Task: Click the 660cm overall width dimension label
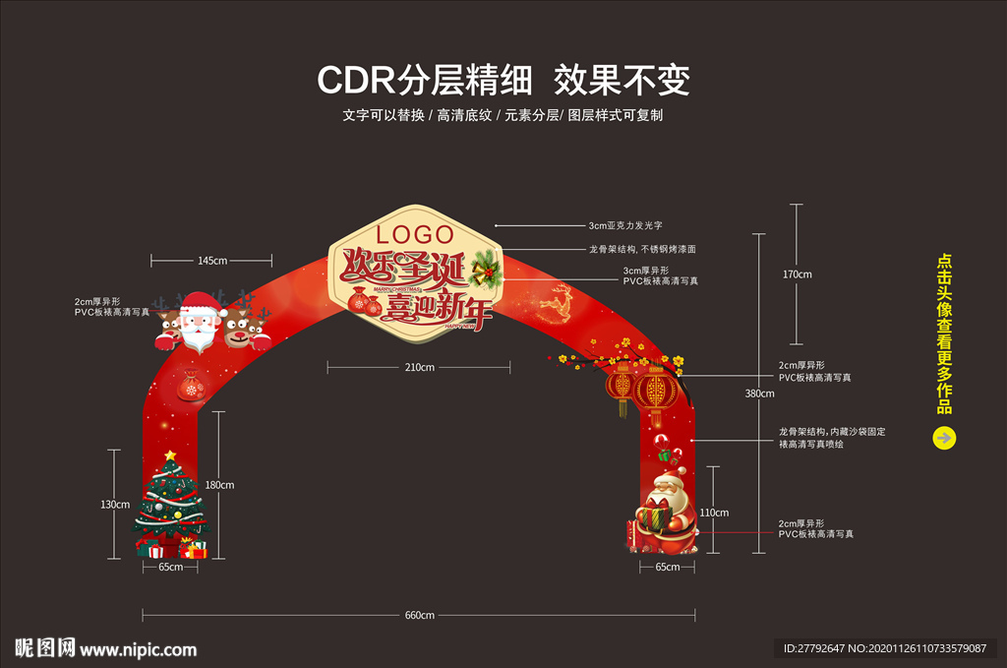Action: (x=419, y=615)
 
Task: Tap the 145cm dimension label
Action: (x=212, y=261)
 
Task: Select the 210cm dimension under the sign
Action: (x=419, y=367)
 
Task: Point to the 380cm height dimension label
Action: (x=759, y=394)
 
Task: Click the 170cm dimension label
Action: (x=797, y=274)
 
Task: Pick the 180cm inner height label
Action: (x=219, y=485)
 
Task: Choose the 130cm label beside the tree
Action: (x=115, y=505)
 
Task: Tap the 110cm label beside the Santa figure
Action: (x=714, y=513)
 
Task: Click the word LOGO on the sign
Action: (x=416, y=234)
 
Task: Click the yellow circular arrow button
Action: (x=943, y=438)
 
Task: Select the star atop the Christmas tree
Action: (x=171, y=455)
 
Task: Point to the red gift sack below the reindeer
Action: (x=190, y=387)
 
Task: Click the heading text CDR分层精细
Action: (x=425, y=80)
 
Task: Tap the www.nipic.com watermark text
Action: (x=139, y=649)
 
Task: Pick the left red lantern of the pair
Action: (x=622, y=386)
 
